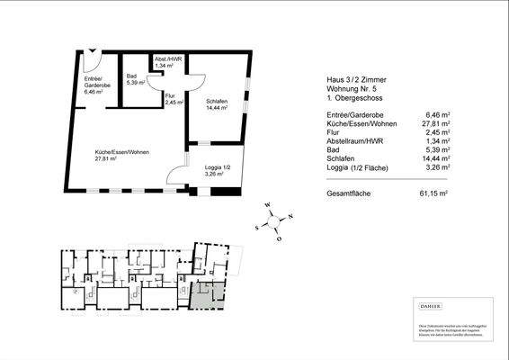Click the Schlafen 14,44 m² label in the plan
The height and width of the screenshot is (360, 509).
pyautogui.click(x=217, y=103)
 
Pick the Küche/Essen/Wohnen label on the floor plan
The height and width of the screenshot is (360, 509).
pyautogui.click(x=122, y=156)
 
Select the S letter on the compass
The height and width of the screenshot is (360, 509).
pyautogui.click(x=257, y=228)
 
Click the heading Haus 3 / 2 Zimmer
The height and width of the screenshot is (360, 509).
pyautogui.click(x=352, y=78)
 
